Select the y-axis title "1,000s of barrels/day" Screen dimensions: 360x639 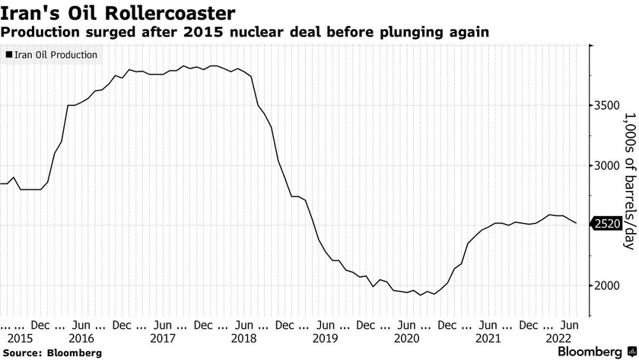tap(629, 180)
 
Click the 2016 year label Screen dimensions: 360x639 tap(81, 337)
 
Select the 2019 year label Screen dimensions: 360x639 tap(325, 337)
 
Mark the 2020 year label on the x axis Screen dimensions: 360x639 tap(406, 337)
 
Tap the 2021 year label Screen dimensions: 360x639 tap(488, 337)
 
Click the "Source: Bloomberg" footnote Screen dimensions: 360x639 tap(51, 352)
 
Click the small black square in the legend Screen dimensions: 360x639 tap(9, 55)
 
